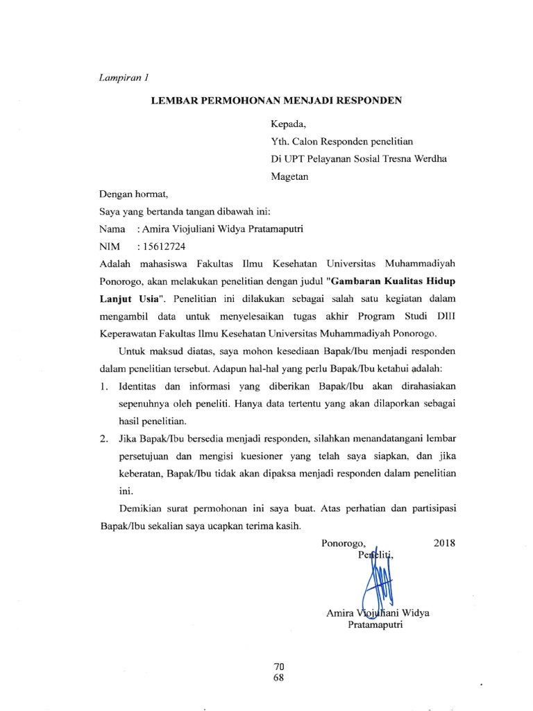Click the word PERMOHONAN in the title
pyautogui.click(x=229, y=101)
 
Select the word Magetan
pyautogui.click(x=290, y=176)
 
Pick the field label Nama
pyautogui.click(x=112, y=228)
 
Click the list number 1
pyautogui.click(x=103, y=385)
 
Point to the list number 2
pyautogui.click(x=103, y=438)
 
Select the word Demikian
pyautogui.click(x=142, y=508)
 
